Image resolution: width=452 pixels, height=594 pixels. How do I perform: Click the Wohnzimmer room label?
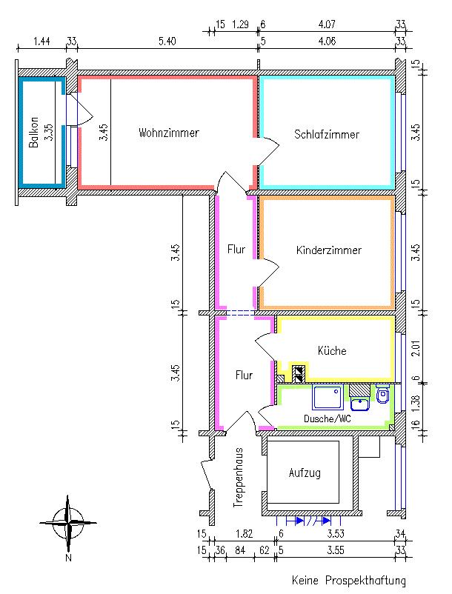point(168,133)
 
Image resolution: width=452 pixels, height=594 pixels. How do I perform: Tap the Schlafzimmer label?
point(326,135)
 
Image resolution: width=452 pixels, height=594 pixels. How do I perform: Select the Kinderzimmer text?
point(328,250)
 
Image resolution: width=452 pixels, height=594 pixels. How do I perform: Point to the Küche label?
point(332,350)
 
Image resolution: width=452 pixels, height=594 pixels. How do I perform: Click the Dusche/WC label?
point(327,418)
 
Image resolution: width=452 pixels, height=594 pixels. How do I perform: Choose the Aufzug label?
point(304,473)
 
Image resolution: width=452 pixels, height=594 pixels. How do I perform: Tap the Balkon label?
point(34,136)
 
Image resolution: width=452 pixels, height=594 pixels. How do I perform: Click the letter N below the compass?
point(67,557)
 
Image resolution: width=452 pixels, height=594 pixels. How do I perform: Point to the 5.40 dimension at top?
point(167,41)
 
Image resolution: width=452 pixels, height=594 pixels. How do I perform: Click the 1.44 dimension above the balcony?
point(42,41)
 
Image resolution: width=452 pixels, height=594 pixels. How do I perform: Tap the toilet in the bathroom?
point(382,396)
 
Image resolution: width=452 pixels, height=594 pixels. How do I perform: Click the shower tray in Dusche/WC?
point(326,397)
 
